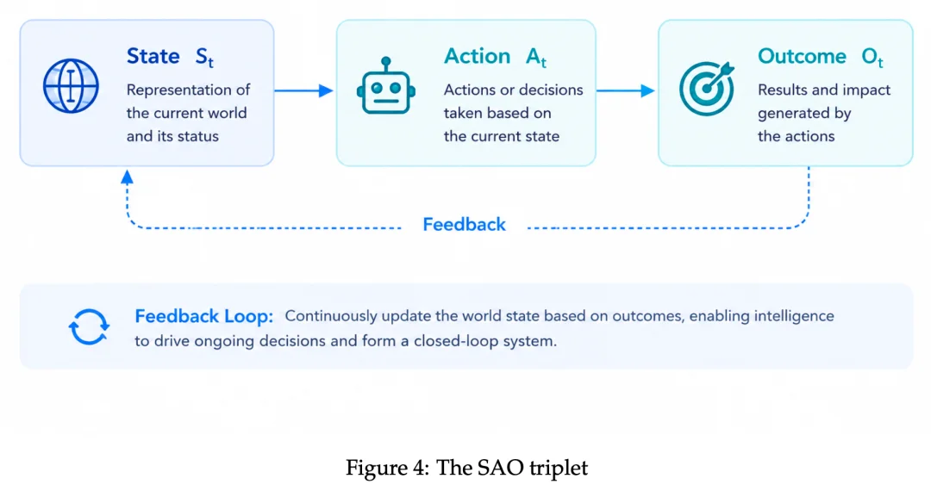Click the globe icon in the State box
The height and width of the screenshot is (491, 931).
click(71, 86)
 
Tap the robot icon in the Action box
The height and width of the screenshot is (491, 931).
click(386, 85)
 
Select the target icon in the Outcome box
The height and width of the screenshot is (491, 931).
click(707, 89)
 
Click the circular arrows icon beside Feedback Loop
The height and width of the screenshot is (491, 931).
click(89, 326)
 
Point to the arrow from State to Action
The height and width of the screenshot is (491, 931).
click(303, 90)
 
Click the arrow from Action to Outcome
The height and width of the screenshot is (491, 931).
click(625, 90)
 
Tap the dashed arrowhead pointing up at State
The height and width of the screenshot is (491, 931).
click(127, 177)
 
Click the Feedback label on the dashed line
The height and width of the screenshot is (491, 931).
click(465, 224)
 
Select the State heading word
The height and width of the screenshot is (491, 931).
click(153, 56)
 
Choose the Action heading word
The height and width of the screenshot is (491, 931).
click(478, 56)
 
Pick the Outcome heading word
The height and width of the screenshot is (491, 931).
click(803, 56)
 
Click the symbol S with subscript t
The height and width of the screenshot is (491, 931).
click(204, 58)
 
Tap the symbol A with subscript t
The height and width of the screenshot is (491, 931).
click(535, 58)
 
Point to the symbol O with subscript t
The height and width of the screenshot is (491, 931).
click(872, 58)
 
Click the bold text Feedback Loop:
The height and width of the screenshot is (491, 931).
click(203, 316)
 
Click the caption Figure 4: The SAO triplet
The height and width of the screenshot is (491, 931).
click(466, 468)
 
